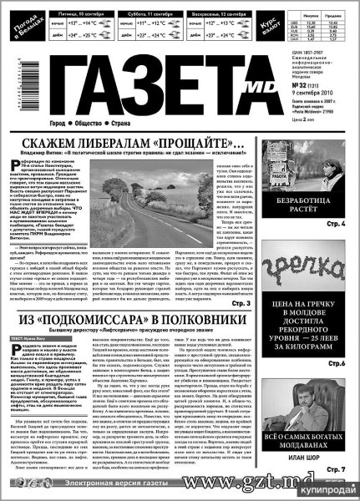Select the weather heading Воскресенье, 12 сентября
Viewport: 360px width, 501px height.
point(221,15)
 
